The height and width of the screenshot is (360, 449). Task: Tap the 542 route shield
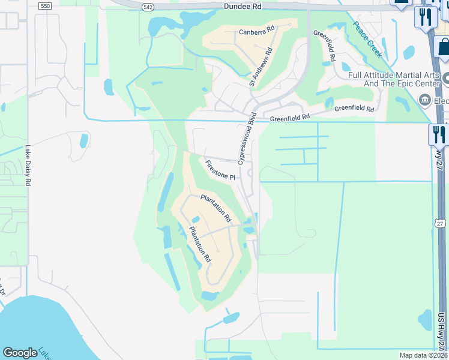148,6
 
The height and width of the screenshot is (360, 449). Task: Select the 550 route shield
44,5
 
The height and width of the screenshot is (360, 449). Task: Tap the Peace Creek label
367,39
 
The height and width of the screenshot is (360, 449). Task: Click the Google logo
20,353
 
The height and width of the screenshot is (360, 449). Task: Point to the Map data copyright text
423,355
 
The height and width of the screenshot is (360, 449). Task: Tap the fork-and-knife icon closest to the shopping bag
426,16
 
